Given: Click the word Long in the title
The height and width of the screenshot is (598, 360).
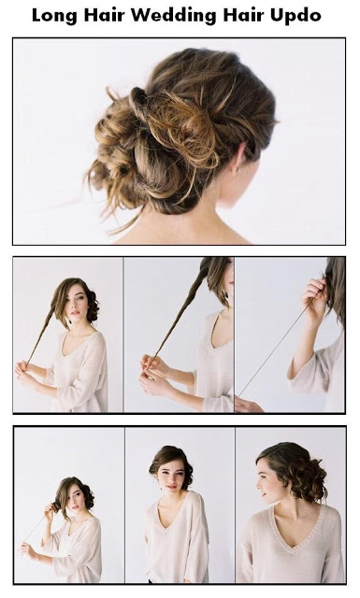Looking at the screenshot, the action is click(54, 16).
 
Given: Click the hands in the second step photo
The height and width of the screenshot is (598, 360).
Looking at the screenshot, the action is click(154, 376).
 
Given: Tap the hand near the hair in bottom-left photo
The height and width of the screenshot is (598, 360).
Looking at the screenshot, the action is click(49, 508).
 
